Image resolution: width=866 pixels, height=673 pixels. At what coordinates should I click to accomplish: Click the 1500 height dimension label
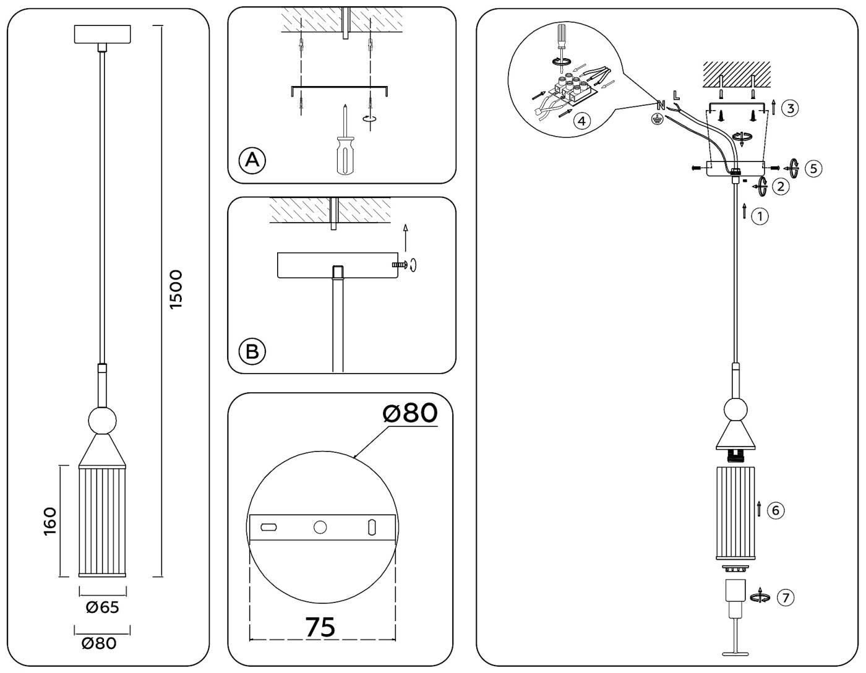click(176, 289)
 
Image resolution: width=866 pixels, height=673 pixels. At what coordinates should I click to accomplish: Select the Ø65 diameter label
click(102, 607)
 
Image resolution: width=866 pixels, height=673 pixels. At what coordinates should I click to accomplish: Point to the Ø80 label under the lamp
click(99, 643)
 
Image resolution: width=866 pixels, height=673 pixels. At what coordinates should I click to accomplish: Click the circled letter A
click(252, 160)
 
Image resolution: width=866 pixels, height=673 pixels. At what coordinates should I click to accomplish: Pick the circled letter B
click(252, 351)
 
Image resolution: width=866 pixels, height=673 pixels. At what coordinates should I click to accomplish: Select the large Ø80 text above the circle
click(410, 413)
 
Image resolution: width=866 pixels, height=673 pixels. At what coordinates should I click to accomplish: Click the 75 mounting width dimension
click(320, 627)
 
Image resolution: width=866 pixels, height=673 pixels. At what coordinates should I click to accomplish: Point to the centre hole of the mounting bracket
click(320, 527)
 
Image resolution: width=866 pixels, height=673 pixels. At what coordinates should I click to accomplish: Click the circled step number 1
click(760, 216)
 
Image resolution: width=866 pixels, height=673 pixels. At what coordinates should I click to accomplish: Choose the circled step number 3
click(789, 108)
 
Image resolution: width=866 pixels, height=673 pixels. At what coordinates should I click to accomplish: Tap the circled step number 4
click(581, 120)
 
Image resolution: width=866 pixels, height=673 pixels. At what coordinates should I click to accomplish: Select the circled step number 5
click(813, 168)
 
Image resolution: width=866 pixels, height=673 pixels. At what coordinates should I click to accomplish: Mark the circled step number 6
click(775, 510)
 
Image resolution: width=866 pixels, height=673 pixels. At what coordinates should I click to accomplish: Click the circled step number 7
click(785, 598)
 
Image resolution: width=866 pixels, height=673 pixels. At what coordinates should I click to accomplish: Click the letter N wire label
click(660, 106)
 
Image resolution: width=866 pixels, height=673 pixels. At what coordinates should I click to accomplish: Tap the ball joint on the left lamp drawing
click(102, 421)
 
